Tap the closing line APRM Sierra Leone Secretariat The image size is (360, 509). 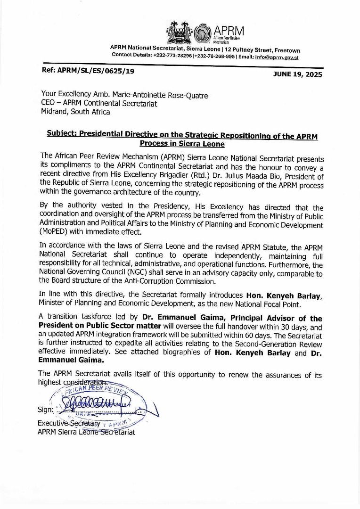(x=86, y=432)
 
